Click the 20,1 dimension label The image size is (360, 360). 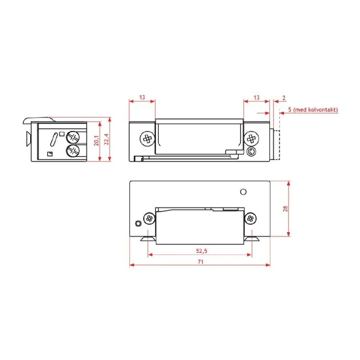tap(96, 140)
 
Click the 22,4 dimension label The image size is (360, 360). tap(106, 139)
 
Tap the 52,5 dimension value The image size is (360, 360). tap(202, 251)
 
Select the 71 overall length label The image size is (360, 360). tap(200, 261)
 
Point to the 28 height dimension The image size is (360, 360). tap(285, 209)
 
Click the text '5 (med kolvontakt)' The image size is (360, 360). tap(313, 110)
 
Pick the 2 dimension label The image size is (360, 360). tap(284, 98)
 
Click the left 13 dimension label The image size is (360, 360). tap(142, 97)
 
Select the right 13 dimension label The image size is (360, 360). tap(256, 98)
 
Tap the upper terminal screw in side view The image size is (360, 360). tap(72, 138)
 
